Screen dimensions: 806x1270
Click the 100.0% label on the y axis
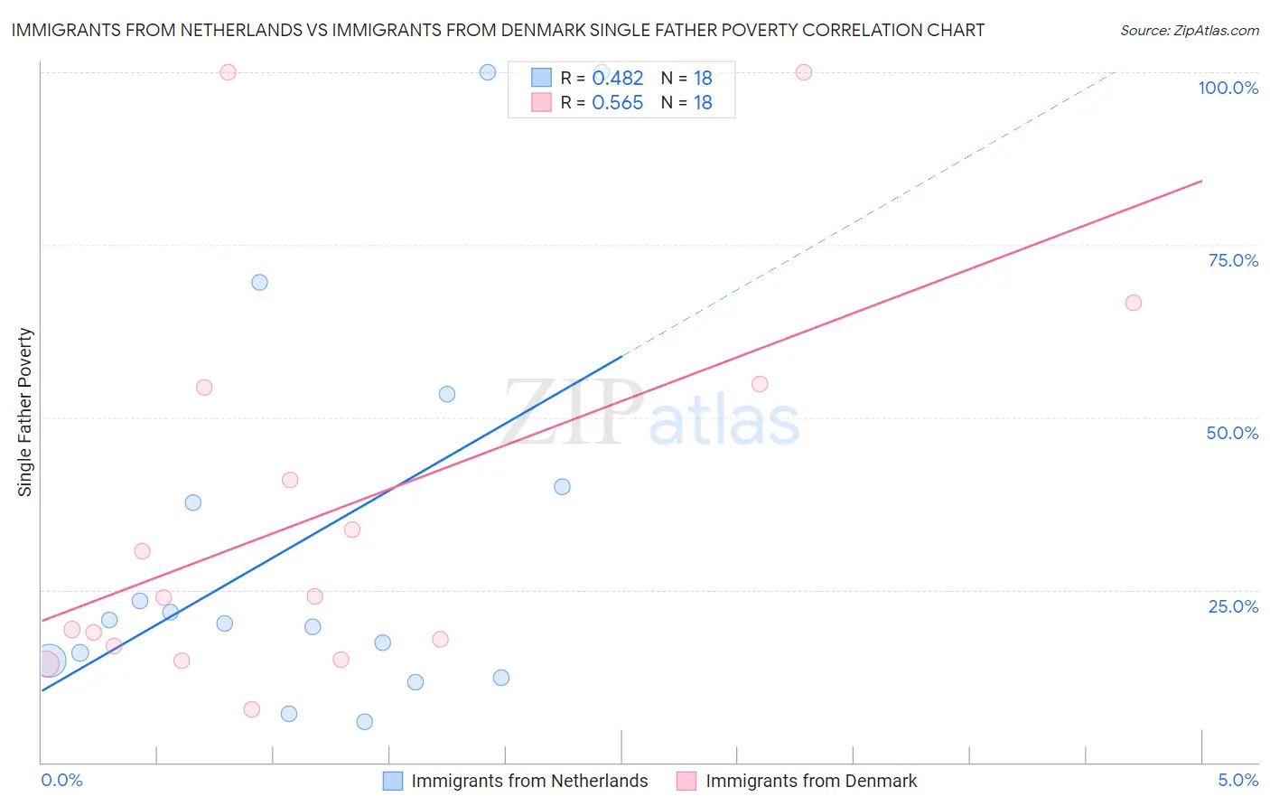point(1228,88)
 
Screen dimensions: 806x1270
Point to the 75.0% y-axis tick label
point(1233,260)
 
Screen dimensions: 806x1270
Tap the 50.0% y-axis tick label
point(1232,433)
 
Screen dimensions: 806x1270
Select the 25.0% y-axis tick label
point(1233,605)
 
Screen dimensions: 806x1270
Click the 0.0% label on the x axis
point(61,780)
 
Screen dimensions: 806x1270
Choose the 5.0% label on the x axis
point(1237,780)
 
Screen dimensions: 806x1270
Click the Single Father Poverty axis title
point(24,412)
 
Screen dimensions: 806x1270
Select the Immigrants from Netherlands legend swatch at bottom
point(393,781)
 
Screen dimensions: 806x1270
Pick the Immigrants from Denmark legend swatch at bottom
point(686,781)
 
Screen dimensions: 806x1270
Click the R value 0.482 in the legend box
point(617,78)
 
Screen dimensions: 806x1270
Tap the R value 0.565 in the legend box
point(617,102)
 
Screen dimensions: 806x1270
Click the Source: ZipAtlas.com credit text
point(1189,30)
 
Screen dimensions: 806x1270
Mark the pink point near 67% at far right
point(1134,303)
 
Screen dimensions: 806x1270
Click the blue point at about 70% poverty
point(259,282)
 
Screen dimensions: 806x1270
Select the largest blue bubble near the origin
point(50,661)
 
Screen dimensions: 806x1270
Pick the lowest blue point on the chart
point(364,721)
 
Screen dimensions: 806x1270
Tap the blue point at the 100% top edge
point(488,72)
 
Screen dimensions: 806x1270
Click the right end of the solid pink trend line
point(1201,182)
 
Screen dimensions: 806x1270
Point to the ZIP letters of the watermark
point(574,412)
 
